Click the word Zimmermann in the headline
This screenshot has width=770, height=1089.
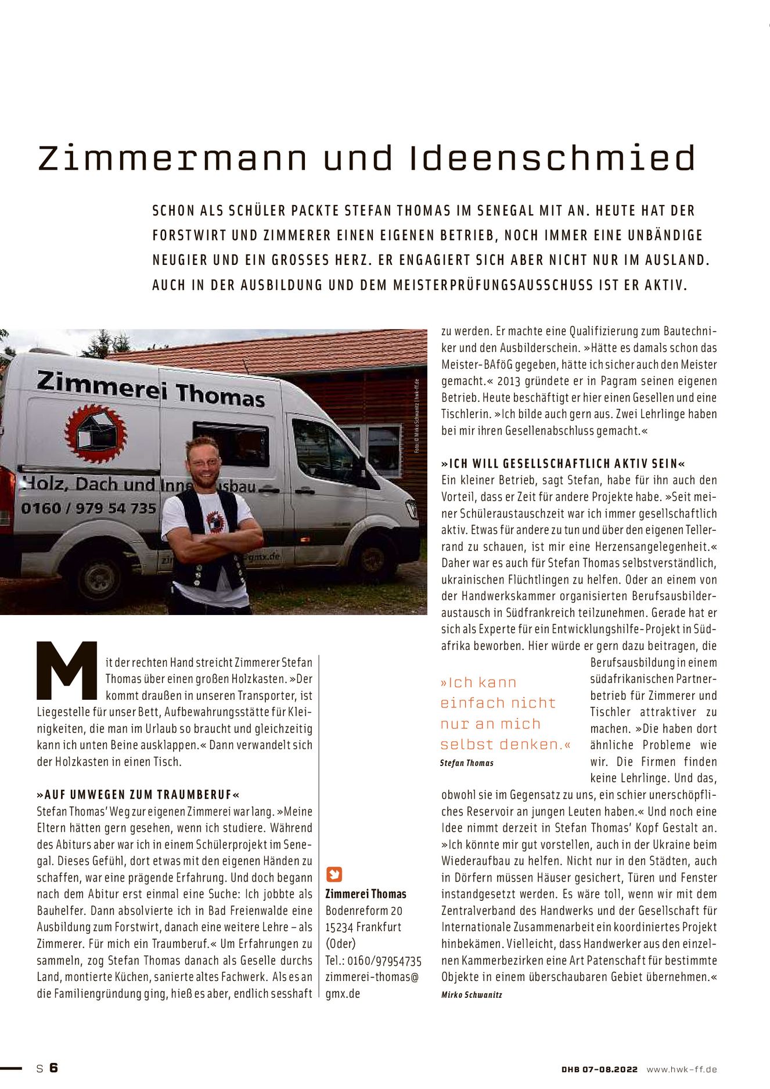coord(172,158)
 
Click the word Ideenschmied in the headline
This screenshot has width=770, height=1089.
coord(552,158)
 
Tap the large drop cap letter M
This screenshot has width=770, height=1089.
coord(67,670)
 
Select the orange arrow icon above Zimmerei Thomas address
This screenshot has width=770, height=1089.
coord(334,875)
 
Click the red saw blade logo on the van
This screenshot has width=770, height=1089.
coord(95,433)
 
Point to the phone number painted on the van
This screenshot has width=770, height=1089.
coord(88,508)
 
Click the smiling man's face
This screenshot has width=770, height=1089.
coord(204,464)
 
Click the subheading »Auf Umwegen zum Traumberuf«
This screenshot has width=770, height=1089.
coord(138,795)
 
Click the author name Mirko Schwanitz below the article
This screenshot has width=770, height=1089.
coord(472,995)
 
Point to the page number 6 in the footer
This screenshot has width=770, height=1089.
coord(53,1068)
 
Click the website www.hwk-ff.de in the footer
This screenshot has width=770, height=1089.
coord(682,1069)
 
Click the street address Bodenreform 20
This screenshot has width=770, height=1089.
coord(364,911)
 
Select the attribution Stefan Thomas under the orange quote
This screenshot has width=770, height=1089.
coord(467,763)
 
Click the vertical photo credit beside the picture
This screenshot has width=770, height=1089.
coord(416,416)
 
